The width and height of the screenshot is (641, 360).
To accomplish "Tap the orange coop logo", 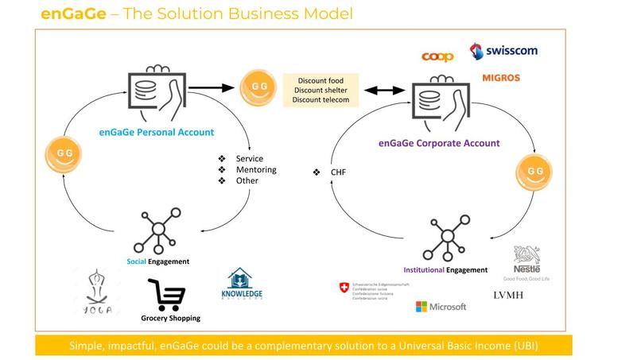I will click(437, 56).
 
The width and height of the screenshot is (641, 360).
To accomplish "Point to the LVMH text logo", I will click(512, 296).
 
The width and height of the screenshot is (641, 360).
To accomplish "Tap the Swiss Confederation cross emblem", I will click(344, 287).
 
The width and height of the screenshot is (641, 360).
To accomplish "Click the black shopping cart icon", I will click(168, 295).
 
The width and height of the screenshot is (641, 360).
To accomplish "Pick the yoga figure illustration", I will click(98, 290).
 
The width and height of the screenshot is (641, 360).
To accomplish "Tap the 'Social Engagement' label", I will click(157, 261).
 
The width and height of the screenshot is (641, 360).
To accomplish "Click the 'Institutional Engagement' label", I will click(445, 269).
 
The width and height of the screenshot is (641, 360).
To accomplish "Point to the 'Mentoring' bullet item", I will click(256, 170).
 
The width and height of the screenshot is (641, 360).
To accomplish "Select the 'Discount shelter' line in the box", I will click(321, 90).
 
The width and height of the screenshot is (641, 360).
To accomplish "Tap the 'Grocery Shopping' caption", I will click(170, 318).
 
